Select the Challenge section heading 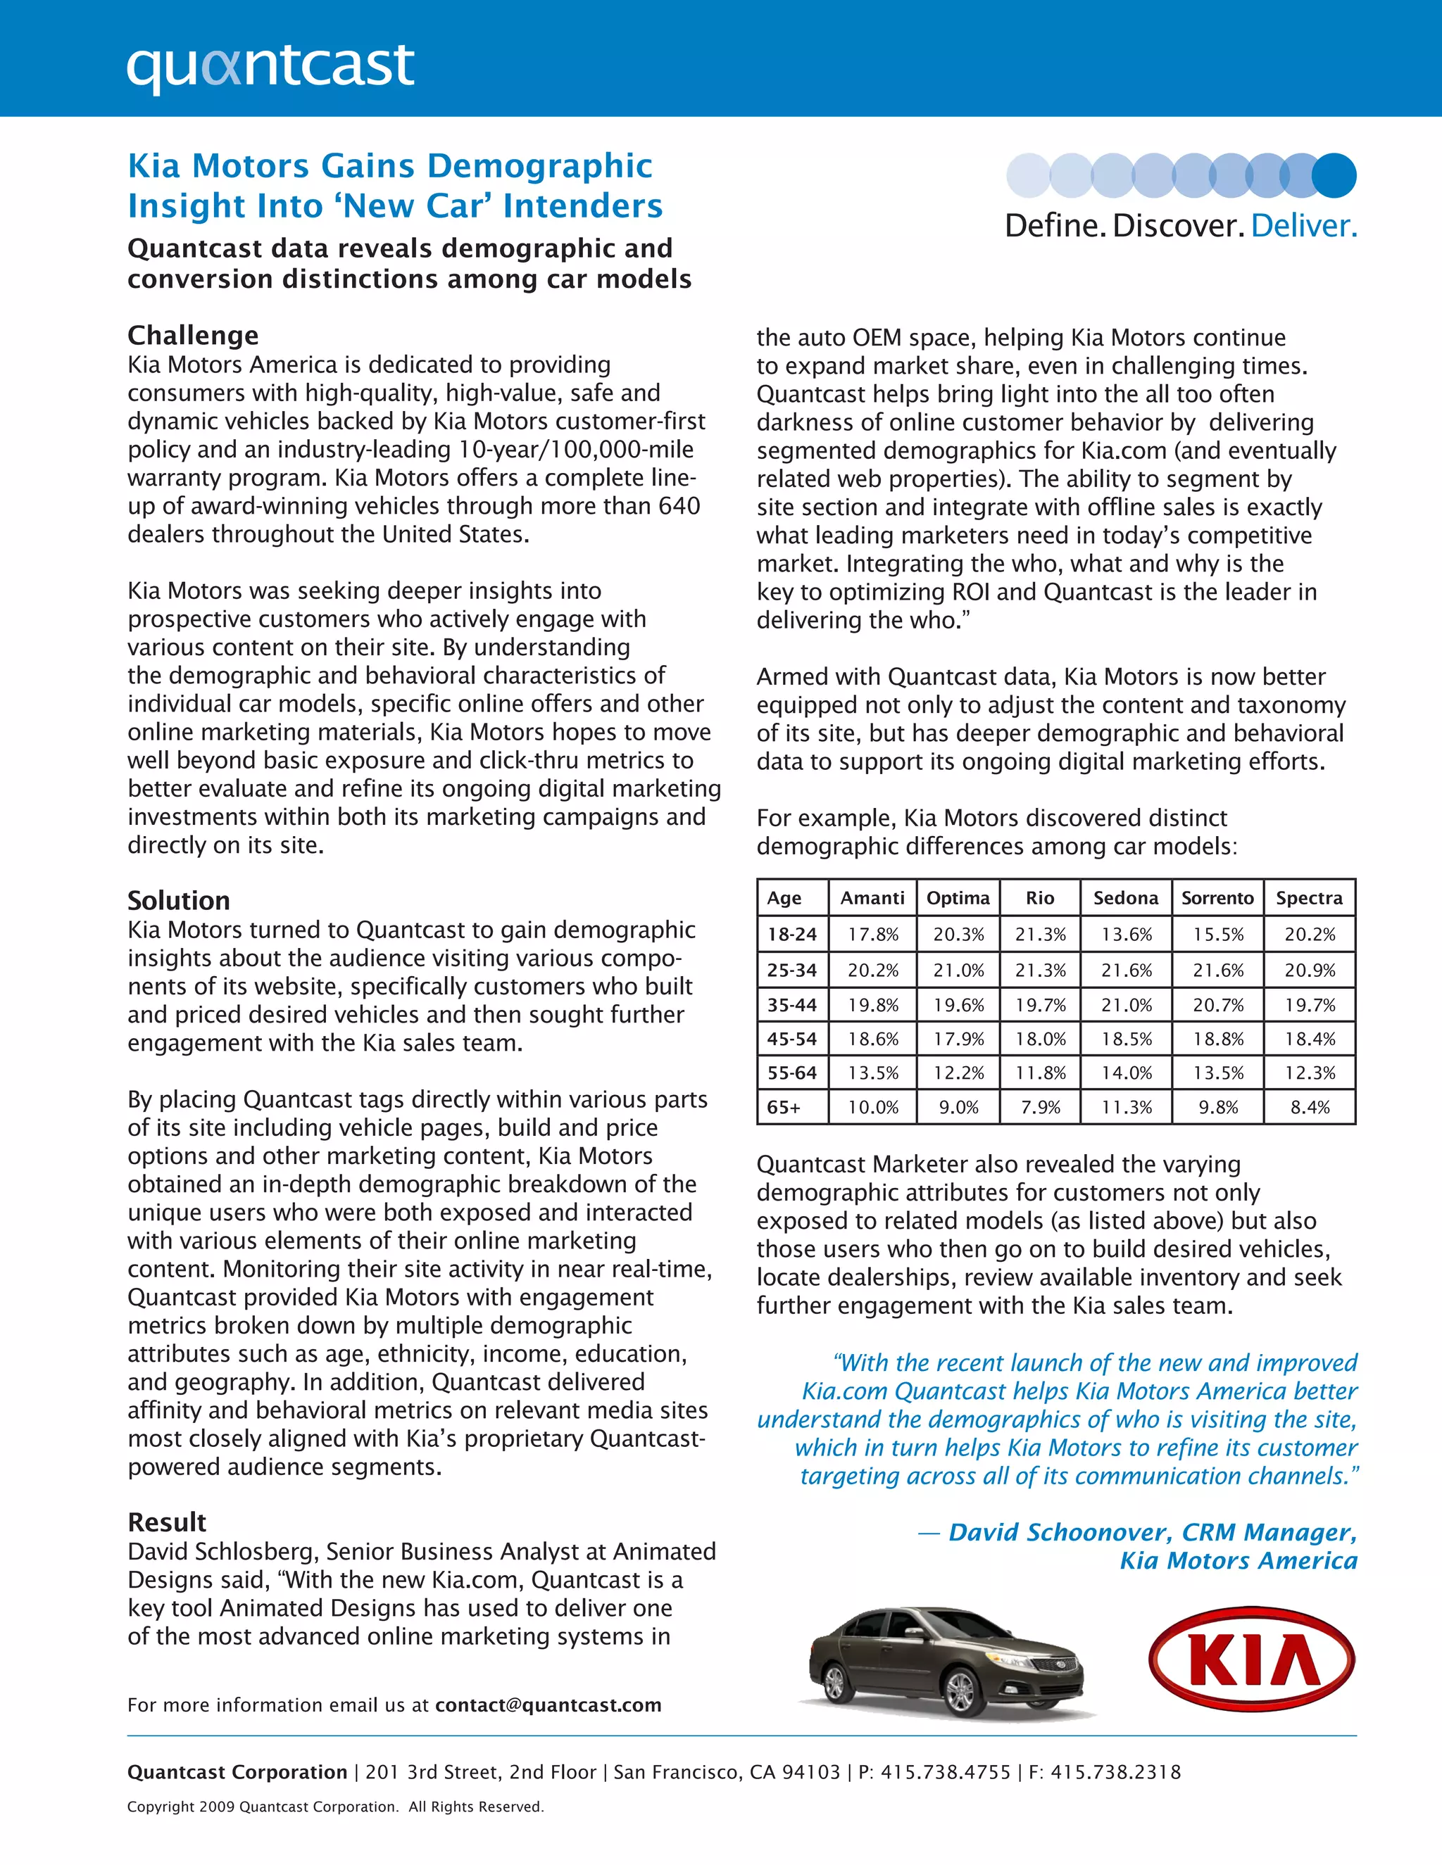pyautogui.click(x=193, y=335)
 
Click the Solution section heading pyautogui.click(x=179, y=900)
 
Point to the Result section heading pyautogui.click(x=167, y=1522)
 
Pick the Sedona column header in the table pyautogui.click(x=1125, y=897)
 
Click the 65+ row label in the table pyautogui.click(x=784, y=1108)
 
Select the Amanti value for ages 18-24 pyautogui.click(x=872, y=934)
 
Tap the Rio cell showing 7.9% pyautogui.click(x=1040, y=1108)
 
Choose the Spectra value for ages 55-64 pyautogui.click(x=1309, y=1073)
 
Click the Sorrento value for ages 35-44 pyautogui.click(x=1217, y=1005)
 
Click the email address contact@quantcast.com pyautogui.click(x=548, y=1705)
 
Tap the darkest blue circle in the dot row pyautogui.click(x=1334, y=175)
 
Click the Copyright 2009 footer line pyautogui.click(x=335, y=1807)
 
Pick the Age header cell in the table pyautogui.click(x=784, y=897)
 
